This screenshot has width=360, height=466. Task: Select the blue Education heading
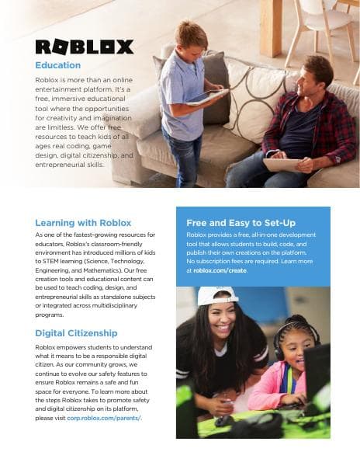(57, 65)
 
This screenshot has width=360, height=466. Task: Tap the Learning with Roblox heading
(83, 223)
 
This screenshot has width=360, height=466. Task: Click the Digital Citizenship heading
(76, 333)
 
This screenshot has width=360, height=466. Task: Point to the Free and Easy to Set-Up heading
(241, 223)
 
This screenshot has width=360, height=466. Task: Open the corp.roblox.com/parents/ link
(104, 418)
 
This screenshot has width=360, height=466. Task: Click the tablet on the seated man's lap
(283, 164)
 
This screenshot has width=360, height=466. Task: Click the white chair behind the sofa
(327, 31)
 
